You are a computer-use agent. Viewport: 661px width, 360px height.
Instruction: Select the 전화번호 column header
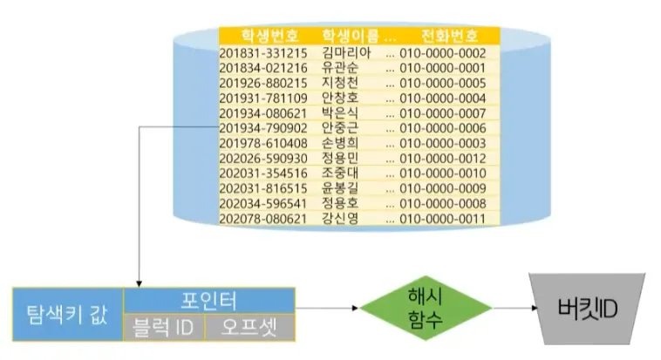click(449, 36)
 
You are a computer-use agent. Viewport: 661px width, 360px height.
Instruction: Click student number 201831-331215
click(262, 52)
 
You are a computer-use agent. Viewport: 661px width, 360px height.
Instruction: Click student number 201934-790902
click(262, 128)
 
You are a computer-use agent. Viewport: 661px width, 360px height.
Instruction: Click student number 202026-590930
click(262, 158)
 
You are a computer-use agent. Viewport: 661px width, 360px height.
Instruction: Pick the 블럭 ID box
click(163, 328)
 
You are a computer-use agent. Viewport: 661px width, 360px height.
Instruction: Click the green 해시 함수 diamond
click(413, 309)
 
